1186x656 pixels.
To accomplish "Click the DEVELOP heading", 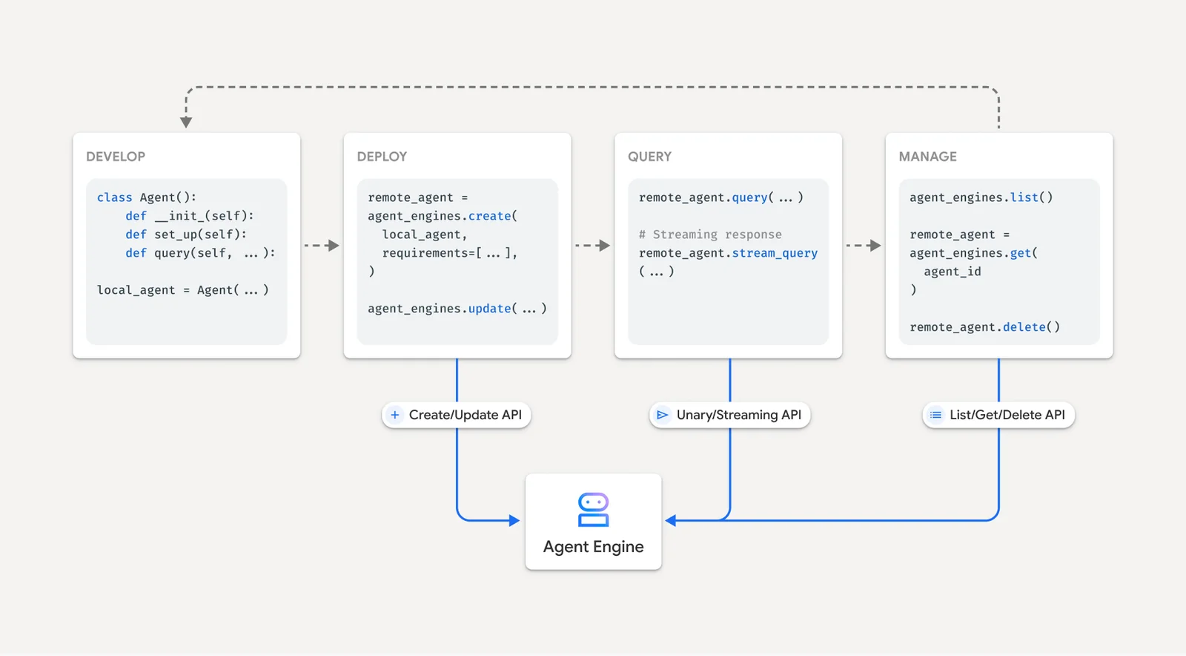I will [116, 157].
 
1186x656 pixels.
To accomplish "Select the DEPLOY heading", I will [382, 157].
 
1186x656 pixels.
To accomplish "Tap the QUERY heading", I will [649, 157].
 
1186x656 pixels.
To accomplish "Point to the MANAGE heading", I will [927, 157].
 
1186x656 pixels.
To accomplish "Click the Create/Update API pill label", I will [465, 415].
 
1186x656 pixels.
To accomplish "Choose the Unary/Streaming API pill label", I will [738, 415].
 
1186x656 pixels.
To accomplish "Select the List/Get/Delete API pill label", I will [1007, 415].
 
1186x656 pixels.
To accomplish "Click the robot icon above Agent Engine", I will [593, 510].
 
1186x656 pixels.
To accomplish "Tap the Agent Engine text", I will [593, 547].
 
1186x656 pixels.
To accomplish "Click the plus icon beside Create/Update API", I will [395, 415].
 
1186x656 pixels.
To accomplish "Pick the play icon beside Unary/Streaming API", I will [662, 415].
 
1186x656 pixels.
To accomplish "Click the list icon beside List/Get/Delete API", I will [935, 415].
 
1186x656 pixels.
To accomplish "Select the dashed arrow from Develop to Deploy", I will [322, 245].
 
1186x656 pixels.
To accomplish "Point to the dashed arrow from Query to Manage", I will [864, 245].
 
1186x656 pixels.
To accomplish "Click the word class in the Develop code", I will [114, 197].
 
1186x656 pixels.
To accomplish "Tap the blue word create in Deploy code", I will [489, 216].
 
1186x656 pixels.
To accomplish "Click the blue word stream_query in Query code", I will [775, 253].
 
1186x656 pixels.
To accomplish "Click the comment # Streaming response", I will [710, 234].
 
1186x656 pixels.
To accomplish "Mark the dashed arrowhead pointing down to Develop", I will [186, 122].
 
